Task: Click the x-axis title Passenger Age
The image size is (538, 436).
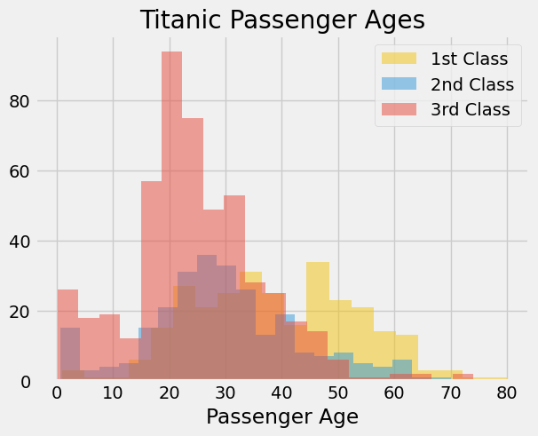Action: pos(282,416)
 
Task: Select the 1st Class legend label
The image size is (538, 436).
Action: pos(469,59)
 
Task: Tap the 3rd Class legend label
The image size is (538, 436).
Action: pos(470,110)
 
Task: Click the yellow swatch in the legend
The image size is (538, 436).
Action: pos(400,59)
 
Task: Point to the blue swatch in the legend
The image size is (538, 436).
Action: pos(400,85)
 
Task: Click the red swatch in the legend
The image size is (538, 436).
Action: pos(400,110)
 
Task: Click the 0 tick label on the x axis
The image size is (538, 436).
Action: pos(57,392)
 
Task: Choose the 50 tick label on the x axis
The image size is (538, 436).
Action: pos(338,392)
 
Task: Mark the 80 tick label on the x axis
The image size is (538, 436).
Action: pos(507,392)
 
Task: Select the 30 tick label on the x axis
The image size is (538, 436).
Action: pos(225,392)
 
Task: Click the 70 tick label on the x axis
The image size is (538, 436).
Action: pos(451,392)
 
